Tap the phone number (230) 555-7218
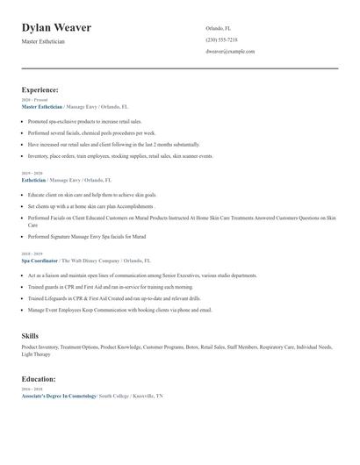point(221,39)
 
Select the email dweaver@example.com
point(230,52)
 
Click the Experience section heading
point(40,89)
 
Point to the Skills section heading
point(30,335)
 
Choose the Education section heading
point(40,379)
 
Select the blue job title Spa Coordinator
point(40,261)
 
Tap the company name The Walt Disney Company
point(90,261)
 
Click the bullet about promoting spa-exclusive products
point(84,121)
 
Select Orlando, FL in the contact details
point(219,28)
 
